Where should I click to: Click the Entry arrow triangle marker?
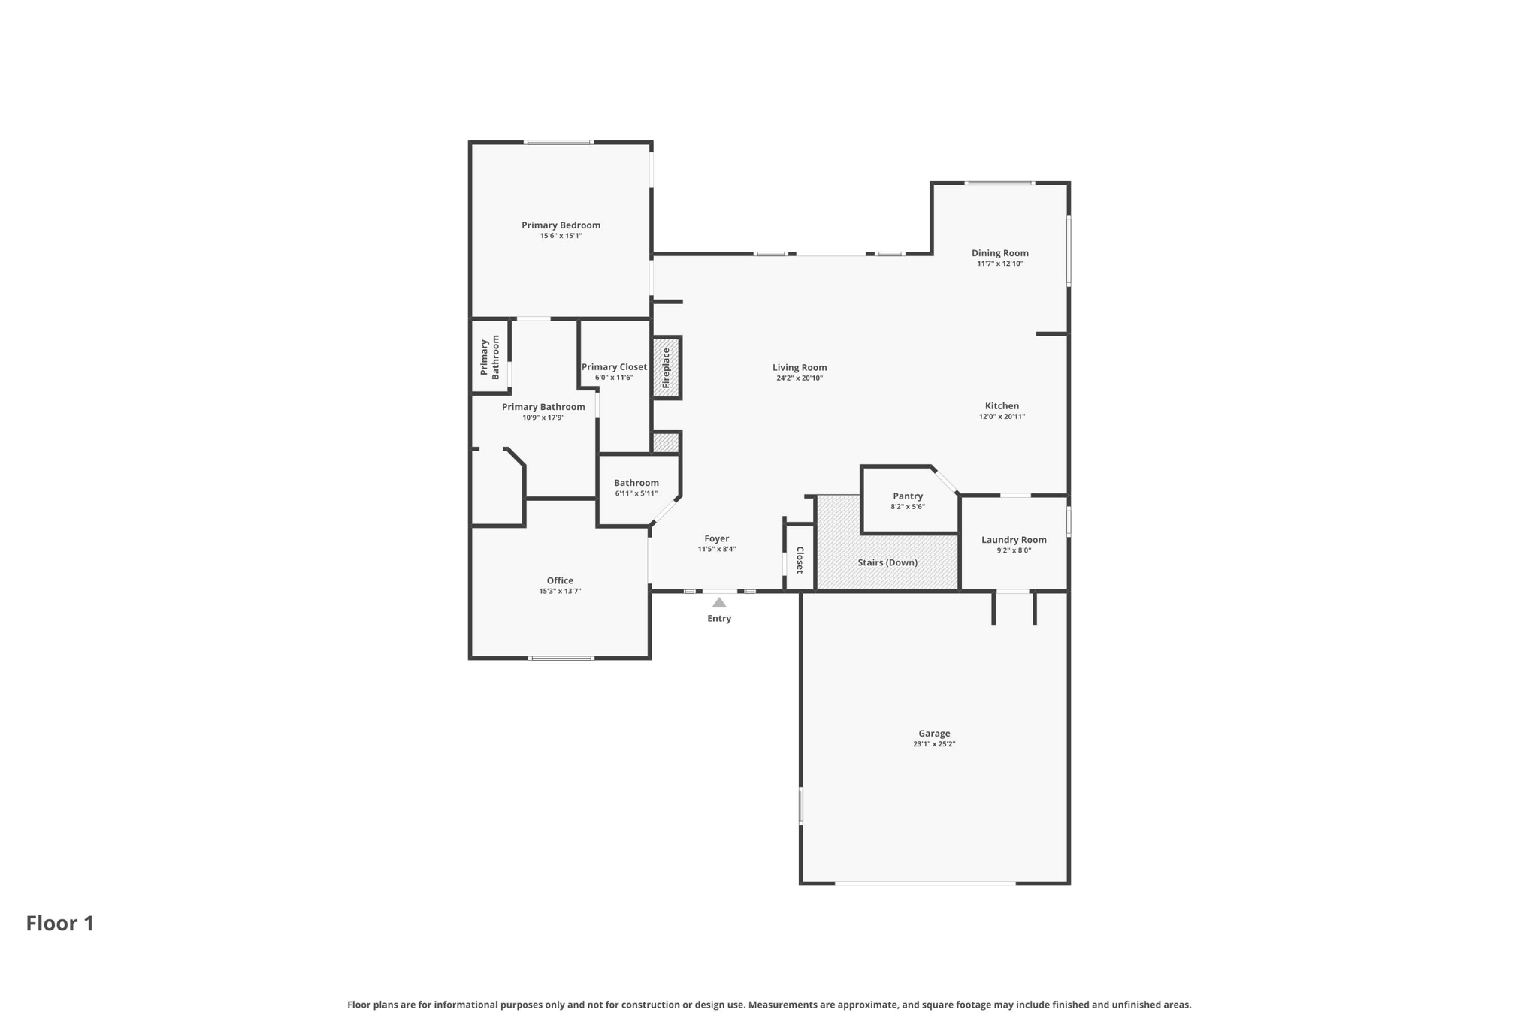tap(719, 602)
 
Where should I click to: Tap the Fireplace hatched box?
tap(667, 368)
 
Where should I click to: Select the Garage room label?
tap(934, 734)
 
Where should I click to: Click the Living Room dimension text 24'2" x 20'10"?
tap(800, 378)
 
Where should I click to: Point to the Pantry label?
tap(908, 496)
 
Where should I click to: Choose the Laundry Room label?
tap(1014, 540)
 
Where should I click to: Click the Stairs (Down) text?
tap(887, 562)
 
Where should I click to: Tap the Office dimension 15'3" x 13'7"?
tap(560, 592)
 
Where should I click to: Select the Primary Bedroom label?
tap(561, 225)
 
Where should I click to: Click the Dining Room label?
tap(999, 253)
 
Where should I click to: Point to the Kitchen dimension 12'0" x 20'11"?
tap(1002, 417)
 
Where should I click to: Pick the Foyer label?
tap(716, 538)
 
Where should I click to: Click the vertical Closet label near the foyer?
tap(800, 560)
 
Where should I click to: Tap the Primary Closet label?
tap(614, 367)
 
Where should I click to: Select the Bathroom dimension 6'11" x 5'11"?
tap(636, 494)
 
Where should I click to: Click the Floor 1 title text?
tap(60, 924)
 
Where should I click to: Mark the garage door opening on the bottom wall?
tap(925, 883)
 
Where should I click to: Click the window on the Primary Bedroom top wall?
tap(558, 142)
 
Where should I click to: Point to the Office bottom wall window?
tap(561, 659)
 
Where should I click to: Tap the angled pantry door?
tap(945, 481)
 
